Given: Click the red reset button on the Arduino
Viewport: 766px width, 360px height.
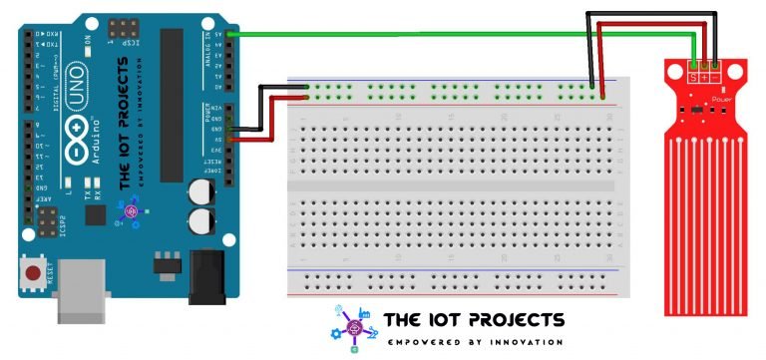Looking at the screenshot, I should pyautogui.click(x=36, y=271).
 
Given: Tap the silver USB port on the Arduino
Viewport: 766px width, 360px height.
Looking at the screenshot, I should pyautogui.click(x=84, y=290).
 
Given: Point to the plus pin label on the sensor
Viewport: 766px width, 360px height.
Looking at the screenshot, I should pyautogui.click(x=705, y=76).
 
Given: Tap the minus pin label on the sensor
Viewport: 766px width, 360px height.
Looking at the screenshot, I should pyautogui.click(x=715, y=76).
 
